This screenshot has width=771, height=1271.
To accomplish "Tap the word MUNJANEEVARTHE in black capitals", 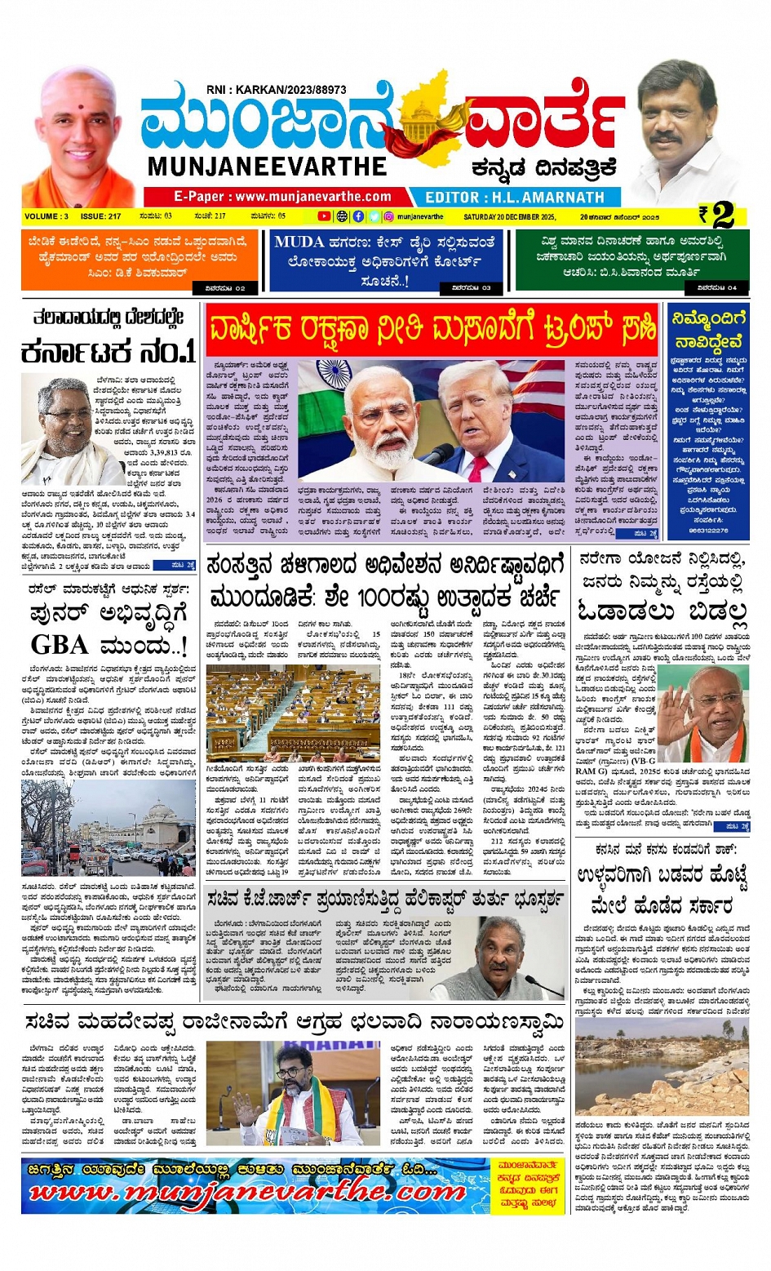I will [x=267, y=167].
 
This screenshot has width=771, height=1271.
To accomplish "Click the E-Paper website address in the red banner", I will [x=282, y=197].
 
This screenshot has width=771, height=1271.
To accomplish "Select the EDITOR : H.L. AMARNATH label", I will [x=515, y=198].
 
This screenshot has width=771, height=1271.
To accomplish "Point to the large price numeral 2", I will [x=722, y=216].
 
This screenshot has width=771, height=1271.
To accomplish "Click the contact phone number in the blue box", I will [x=707, y=531].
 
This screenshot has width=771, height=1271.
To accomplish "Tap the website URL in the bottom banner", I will [x=245, y=1193].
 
